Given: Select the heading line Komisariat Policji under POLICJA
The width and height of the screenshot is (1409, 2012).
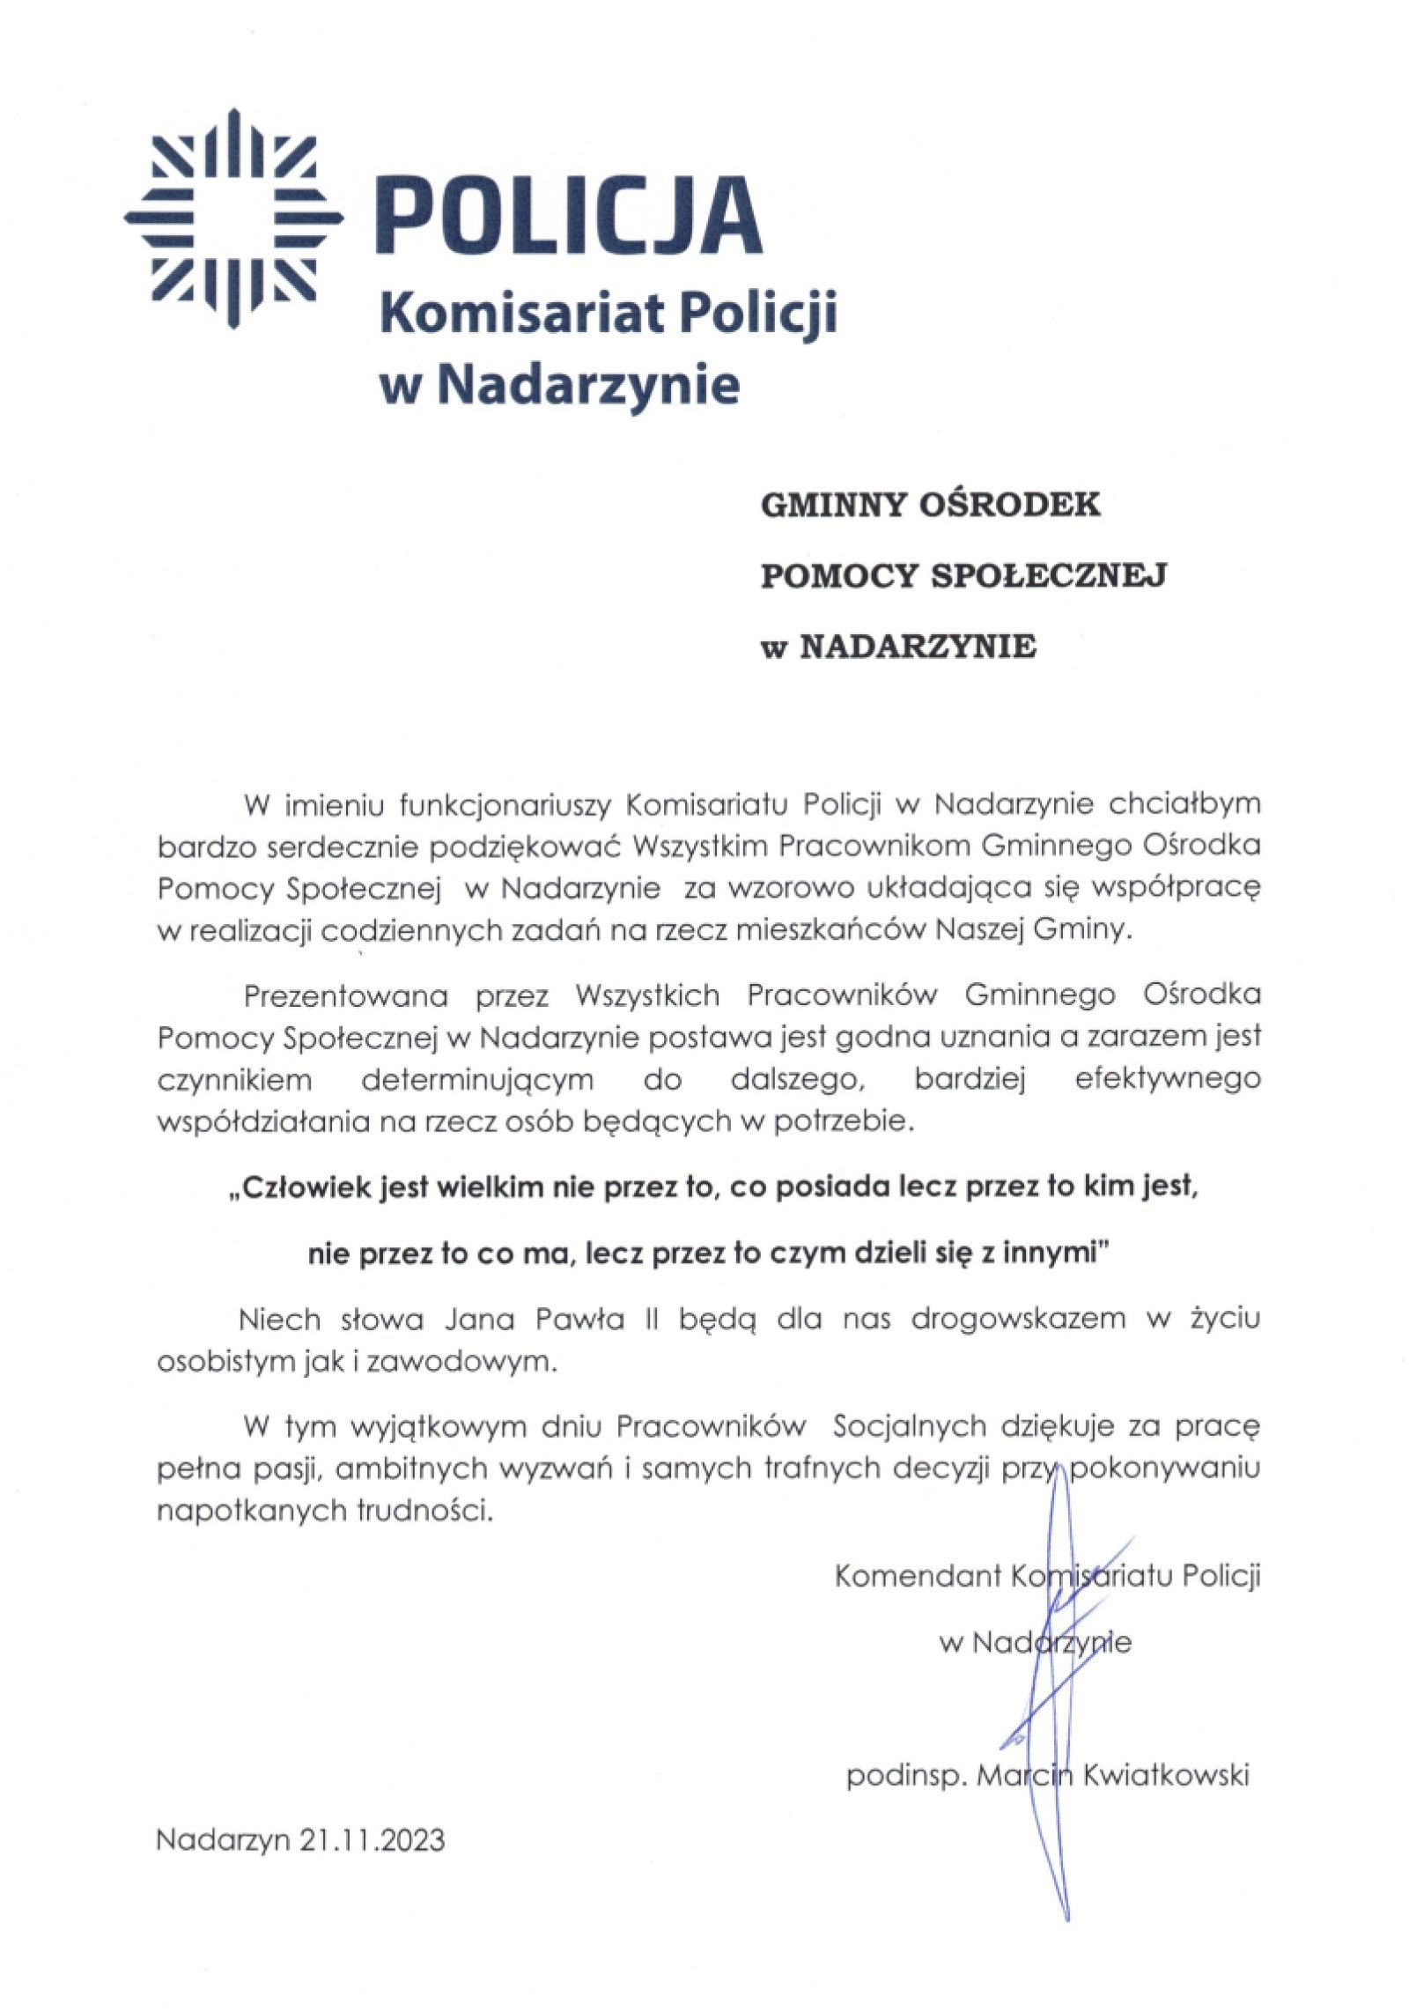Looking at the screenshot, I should point(606,314).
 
